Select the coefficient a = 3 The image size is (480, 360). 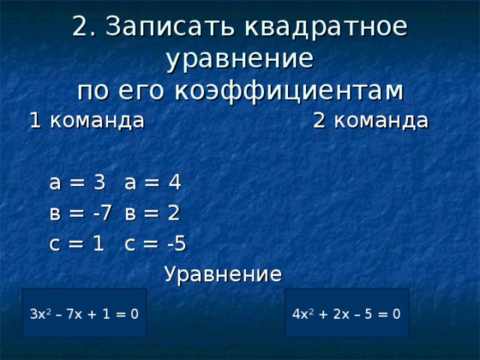click(76, 182)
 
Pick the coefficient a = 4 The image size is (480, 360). click(153, 182)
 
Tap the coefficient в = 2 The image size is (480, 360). click(153, 213)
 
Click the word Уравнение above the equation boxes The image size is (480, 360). click(223, 274)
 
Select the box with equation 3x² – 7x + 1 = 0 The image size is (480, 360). click(84, 313)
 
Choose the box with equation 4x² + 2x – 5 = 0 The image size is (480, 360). click(346, 313)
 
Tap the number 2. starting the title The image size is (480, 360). click(82, 26)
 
